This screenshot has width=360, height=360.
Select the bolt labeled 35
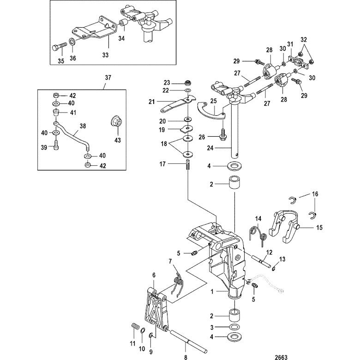pos(58,47)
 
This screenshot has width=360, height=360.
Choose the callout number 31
pos(290,44)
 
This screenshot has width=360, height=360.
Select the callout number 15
pos(319,227)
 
